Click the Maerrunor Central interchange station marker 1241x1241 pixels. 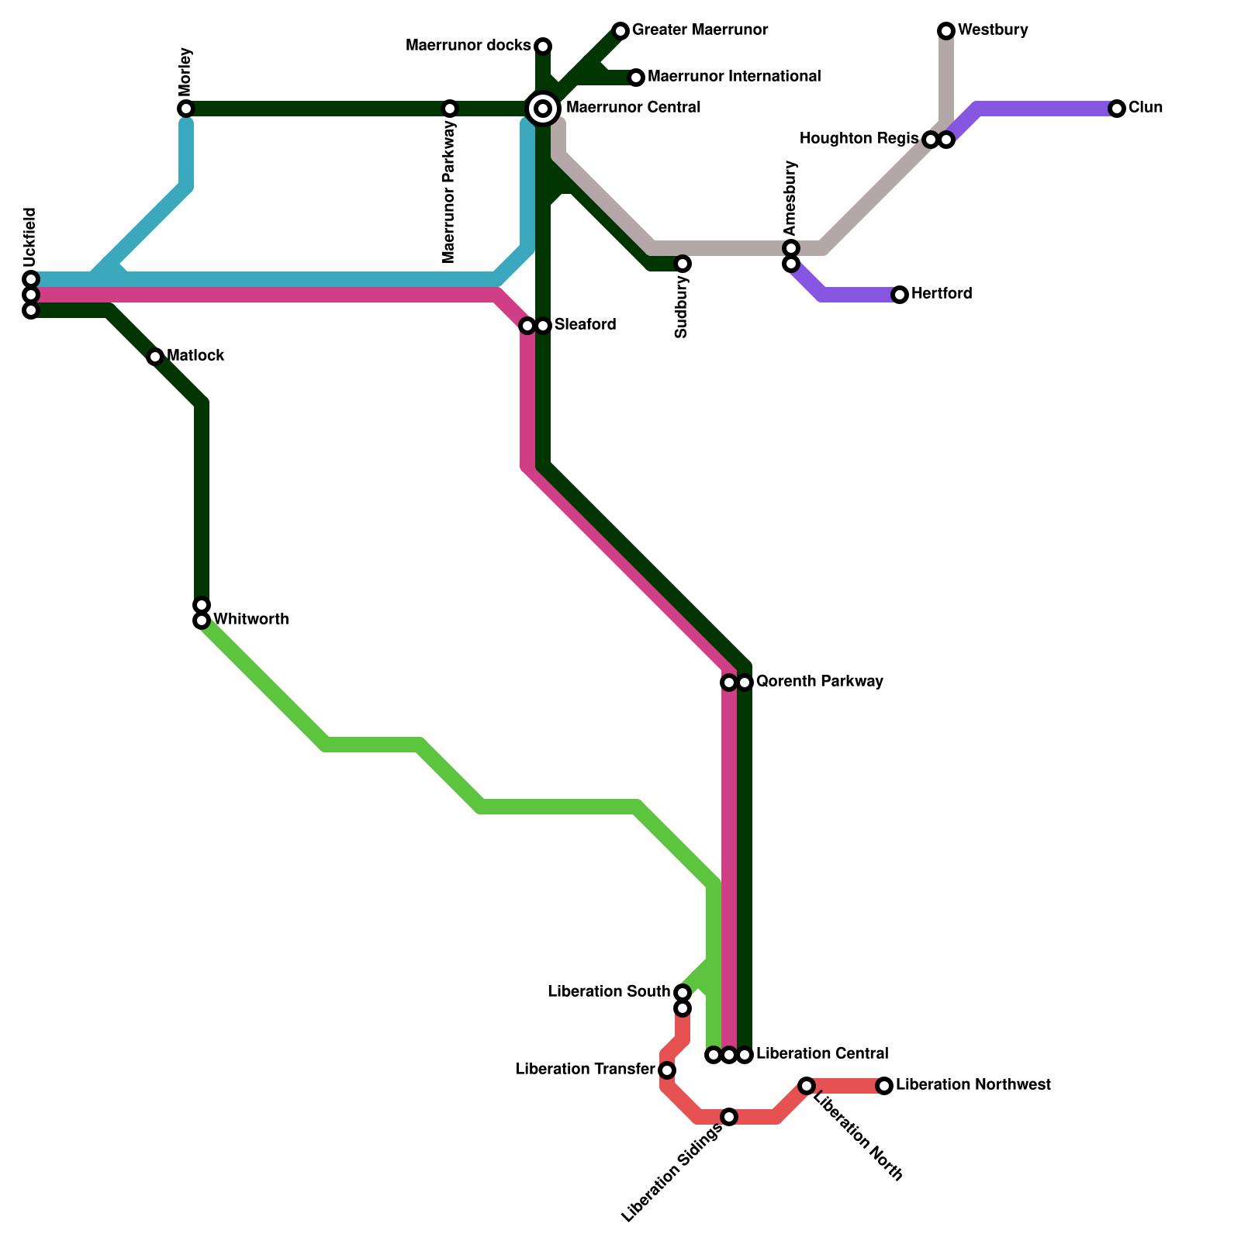pyautogui.click(x=544, y=108)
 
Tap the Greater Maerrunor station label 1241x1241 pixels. pyautogui.click(x=700, y=30)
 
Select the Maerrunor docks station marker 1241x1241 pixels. pyautogui.click(x=544, y=46)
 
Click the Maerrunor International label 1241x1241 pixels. pyautogui.click(x=734, y=77)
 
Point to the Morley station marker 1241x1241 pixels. pyautogui.click(x=185, y=108)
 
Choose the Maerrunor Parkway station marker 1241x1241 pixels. pyautogui.click(x=450, y=108)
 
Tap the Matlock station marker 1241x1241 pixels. pyautogui.click(x=155, y=356)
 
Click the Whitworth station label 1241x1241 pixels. pyautogui.click(x=251, y=620)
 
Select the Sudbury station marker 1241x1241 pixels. pyautogui.click(x=683, y=264)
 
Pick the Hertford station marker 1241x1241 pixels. pyautogui.click(x=900, y=295)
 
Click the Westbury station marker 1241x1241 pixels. pyautogui.click(x=945, y=31)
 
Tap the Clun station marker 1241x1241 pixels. pyautogui.click(x=1117, y=109)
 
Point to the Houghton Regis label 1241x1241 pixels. pyautogui.click(x=859, y=139)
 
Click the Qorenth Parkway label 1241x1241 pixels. pyautogui.click(x=819, y=682)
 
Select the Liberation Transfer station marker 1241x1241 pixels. pyautogui.click(x=667, y=1070)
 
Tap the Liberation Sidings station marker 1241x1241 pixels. pyautogui.click(x=729, y=1117)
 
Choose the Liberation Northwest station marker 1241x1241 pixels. pyautogui.click(x=884, y=1086)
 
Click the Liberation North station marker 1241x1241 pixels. pyautogui.click(x=807, y=1086)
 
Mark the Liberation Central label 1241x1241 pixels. pyautogui.click(x=821, y=1054)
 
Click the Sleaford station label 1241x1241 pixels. pyautogui.click(x=585, y=325)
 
